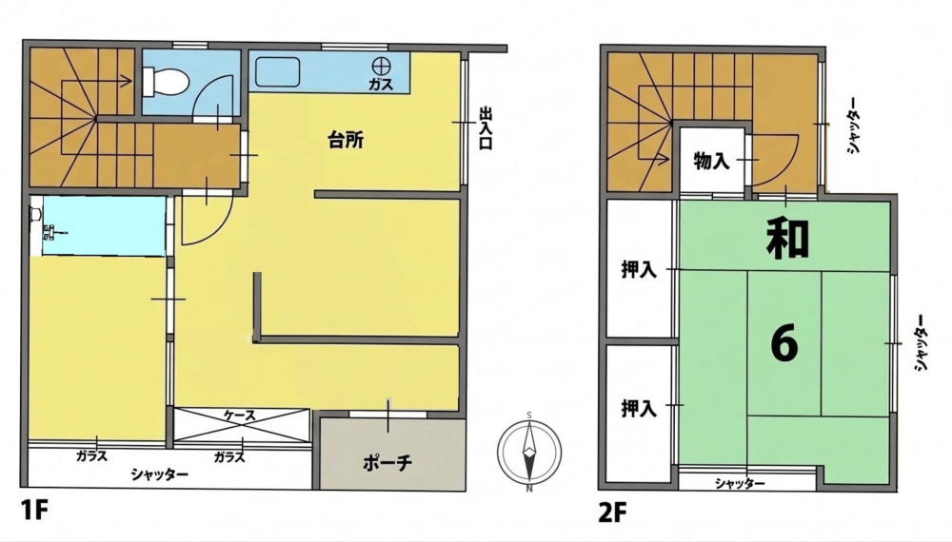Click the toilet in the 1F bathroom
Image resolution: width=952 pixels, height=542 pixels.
(164, 81)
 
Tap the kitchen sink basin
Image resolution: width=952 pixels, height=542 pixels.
(277, 72)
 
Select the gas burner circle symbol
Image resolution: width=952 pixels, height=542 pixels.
(382, 65)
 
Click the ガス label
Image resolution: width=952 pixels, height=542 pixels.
(382, 84)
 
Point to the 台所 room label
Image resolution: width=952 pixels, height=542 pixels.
(346, 141)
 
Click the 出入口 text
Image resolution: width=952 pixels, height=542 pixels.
(486, 128)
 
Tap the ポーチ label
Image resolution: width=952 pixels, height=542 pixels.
(387, 463)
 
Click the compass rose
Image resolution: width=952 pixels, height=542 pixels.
(529, 452)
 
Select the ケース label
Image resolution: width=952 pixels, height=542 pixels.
(240, 416)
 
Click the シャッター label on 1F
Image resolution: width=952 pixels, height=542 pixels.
(160, 474)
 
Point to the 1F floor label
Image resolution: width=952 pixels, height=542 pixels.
(34, 511)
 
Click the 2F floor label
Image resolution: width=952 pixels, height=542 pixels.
(612, 513)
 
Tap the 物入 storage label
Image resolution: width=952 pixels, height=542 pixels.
(711, 162)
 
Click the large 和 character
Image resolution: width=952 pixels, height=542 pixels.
(787, 238)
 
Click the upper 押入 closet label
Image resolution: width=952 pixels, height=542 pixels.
(639, 269)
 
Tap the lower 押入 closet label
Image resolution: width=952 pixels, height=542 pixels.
(639, 408)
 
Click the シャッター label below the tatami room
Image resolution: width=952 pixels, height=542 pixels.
(740, 483)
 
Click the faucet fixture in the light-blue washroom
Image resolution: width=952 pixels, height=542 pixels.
(51, 230)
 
